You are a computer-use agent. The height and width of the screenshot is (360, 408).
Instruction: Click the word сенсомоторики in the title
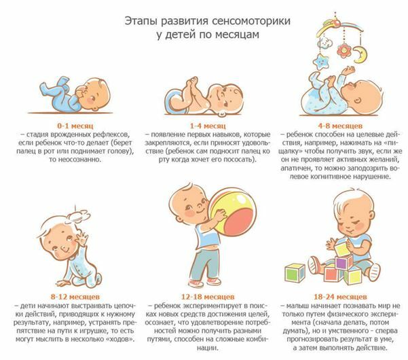251,21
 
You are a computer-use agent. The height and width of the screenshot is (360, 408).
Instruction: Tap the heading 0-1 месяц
75,126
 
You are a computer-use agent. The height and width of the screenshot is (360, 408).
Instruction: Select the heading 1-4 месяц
208,126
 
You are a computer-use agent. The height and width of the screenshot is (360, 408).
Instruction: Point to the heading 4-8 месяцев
340,126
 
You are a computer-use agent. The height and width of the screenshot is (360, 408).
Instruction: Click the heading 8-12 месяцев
75,297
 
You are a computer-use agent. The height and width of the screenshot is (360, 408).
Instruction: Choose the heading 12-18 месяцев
208,297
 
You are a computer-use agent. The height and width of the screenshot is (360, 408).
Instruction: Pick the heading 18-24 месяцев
340,297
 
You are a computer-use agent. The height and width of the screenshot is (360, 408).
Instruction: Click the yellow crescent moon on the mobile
360,54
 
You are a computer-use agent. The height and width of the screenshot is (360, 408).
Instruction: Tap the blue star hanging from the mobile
321,62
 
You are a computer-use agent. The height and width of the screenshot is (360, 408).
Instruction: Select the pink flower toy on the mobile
344,50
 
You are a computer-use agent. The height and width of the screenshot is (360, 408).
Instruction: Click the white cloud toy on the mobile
324,42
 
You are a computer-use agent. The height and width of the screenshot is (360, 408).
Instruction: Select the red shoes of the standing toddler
205,282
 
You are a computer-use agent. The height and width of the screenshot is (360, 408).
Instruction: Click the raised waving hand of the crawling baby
83,238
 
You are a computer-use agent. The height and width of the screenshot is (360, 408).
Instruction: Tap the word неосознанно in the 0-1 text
75,160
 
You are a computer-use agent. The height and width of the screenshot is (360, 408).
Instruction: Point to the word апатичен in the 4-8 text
296,168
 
